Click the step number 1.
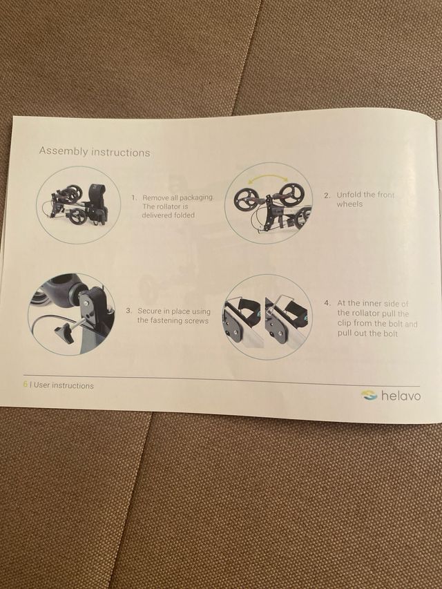pos(134,197)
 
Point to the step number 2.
pos(327,195)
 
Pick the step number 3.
pos(128,311)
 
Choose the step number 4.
pos(327,302)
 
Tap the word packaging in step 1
pos(196,197)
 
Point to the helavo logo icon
pos(369,395)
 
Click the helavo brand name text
pos(401,396)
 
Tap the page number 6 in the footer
pos(26,385)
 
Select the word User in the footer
pos(41,385)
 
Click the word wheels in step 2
pos(349,204)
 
